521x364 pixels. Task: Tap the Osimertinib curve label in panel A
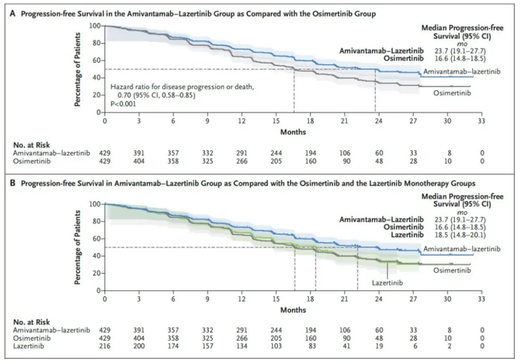tap(448, 93)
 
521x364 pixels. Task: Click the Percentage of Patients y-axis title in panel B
tap(79, 246)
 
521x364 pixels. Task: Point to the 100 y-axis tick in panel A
tap(95, 26)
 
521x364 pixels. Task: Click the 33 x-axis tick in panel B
tap(482, 298)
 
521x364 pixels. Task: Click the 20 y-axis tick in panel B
tap(97, 272)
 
